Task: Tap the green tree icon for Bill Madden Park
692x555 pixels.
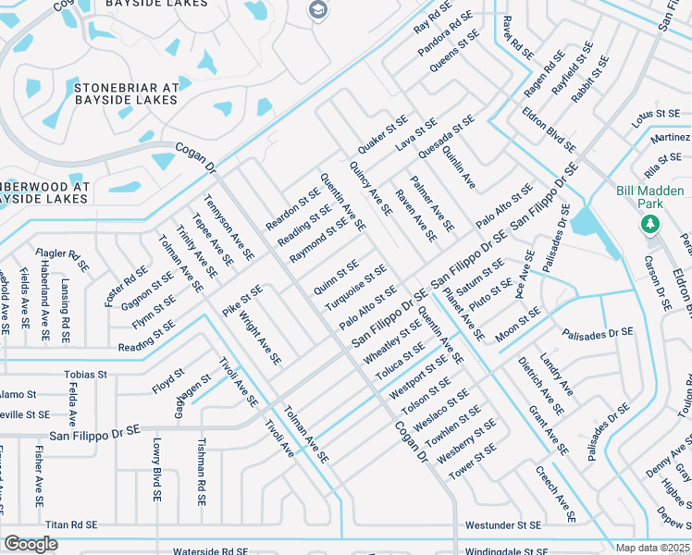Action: [649, 224]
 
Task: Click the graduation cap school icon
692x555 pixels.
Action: [319, 9]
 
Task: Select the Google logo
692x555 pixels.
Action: [31, 544]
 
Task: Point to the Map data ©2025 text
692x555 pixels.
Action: [653, 548]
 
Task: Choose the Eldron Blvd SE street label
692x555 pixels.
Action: [548, 133]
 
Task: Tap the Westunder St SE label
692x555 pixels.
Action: [502, 524]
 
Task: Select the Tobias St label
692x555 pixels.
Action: [85, 375]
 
